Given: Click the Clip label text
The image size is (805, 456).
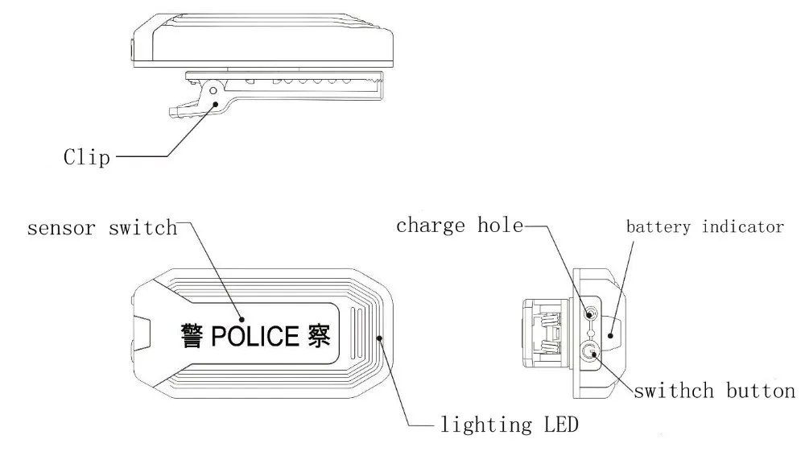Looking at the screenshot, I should click(x=86, y=156).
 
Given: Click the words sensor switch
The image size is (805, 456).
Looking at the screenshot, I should click(x=102, y=228).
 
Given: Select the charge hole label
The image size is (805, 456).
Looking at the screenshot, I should click(x=459, y=226).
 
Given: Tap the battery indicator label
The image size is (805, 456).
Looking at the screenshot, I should click(x=705, y=226).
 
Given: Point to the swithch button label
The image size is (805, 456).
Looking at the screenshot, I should click(x=715, y=392).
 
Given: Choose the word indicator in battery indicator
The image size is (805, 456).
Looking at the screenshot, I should click(x=745, y=226).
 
